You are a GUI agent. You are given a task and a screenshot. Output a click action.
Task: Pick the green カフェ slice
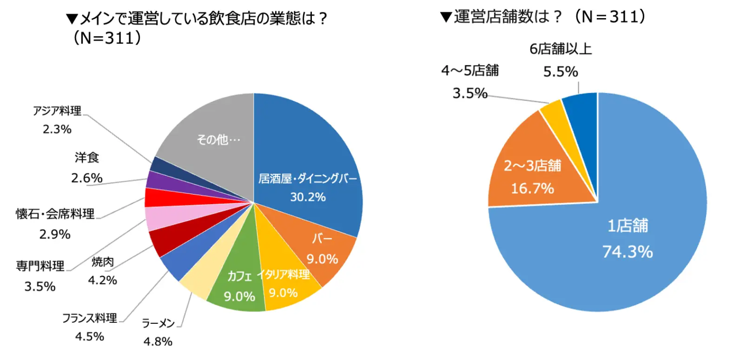point(237,289)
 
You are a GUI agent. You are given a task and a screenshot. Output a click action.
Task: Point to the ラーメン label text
point(158,323)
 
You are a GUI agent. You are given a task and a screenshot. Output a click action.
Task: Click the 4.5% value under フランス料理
point(90,336)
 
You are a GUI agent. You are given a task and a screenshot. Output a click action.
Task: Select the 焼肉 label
point(102,262)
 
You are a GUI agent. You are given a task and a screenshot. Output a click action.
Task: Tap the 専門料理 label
point(40,266)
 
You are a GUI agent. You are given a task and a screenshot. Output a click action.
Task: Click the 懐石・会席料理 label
point(55,214)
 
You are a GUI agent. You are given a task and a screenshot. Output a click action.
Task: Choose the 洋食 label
point(87,158)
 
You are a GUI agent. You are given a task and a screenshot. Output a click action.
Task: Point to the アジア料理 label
point(57,111)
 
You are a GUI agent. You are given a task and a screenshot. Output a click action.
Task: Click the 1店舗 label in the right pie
point(628,226)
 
